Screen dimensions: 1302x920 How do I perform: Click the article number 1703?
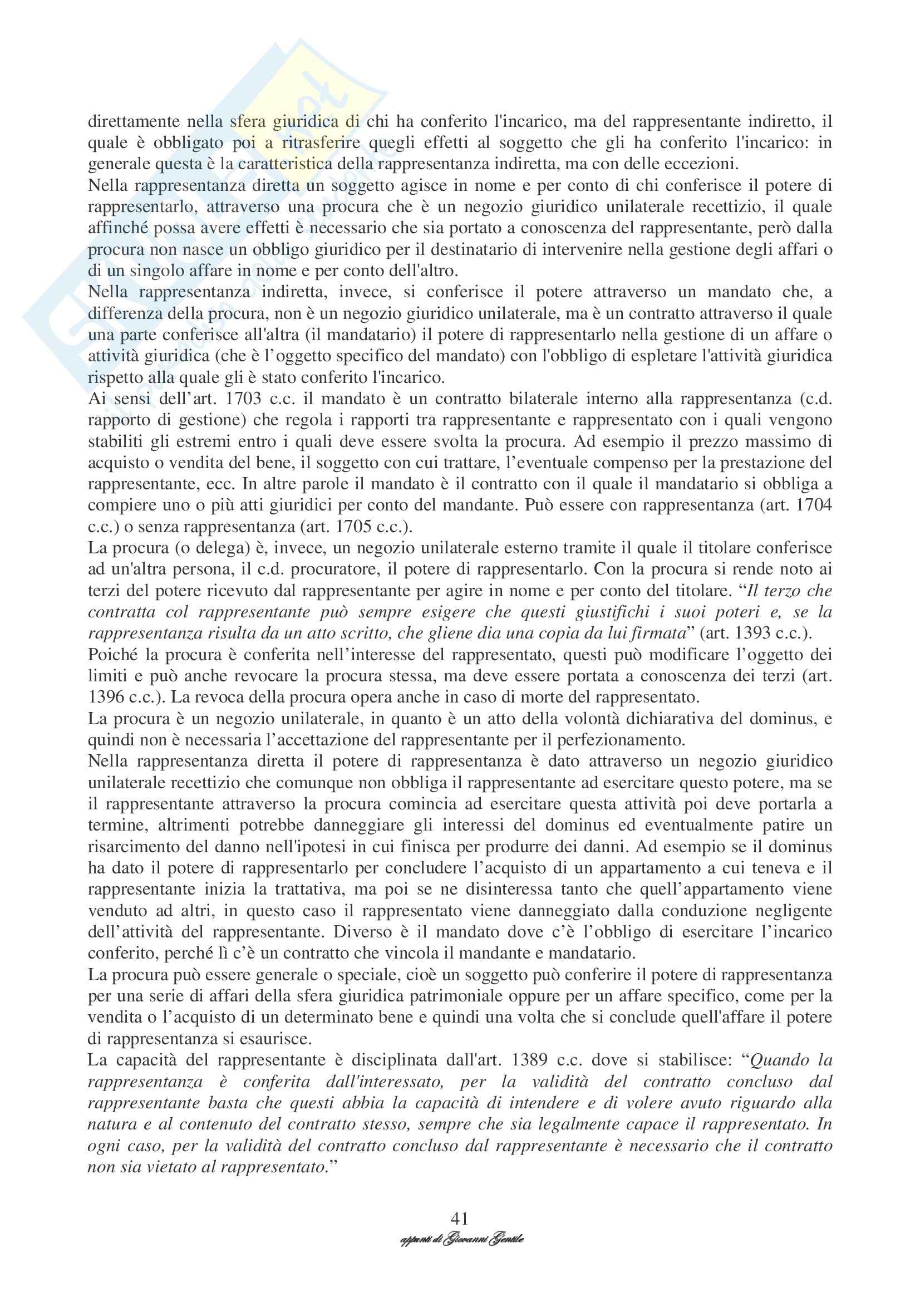pyautogui.click(x=243, y=399)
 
